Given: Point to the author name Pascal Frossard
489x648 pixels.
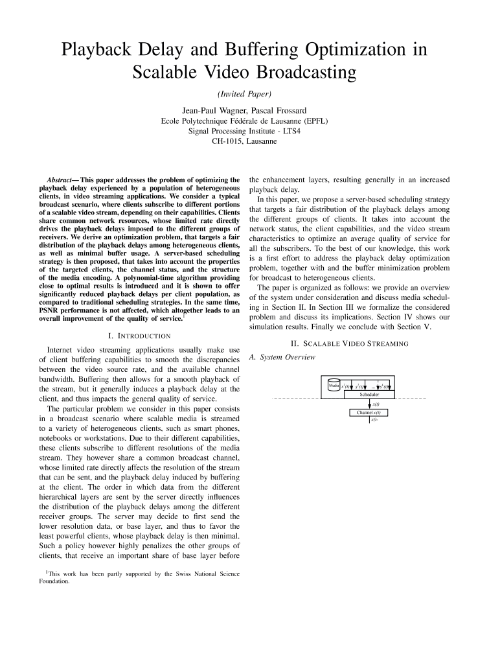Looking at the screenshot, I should (274, 110).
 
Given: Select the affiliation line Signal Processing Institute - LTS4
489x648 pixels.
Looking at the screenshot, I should (244, 130).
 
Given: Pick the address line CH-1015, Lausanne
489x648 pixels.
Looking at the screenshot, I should (244, 141).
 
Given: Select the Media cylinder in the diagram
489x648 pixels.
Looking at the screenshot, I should (334, 385).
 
